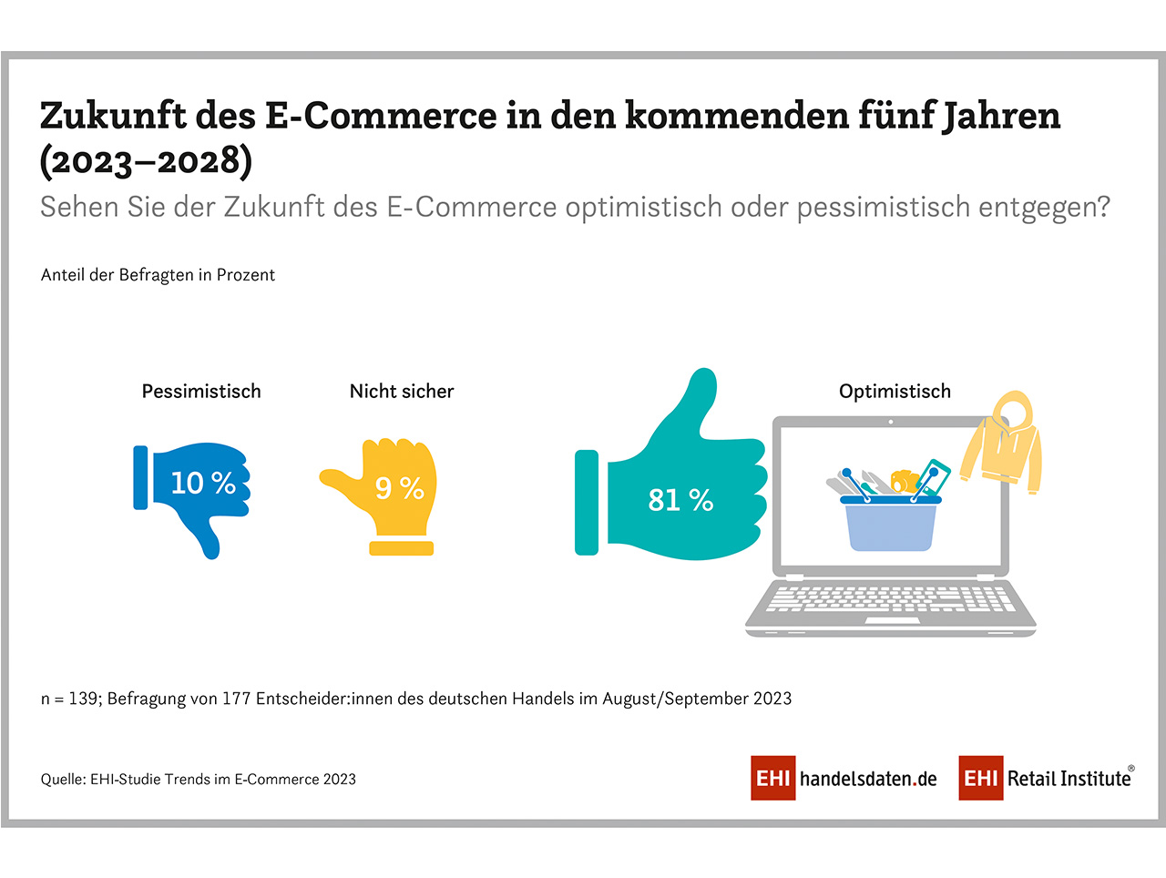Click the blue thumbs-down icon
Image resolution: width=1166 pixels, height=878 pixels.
click(194, 496)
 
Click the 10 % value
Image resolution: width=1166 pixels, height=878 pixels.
click(203, 483)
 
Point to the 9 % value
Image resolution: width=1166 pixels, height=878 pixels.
click(400, 488)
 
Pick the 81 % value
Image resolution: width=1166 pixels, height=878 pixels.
click(680, 500)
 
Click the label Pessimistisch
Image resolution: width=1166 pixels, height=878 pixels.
click(201, 392)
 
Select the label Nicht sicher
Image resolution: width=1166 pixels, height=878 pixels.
click(402, 392)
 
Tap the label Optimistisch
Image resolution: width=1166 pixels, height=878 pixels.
click(895, 392)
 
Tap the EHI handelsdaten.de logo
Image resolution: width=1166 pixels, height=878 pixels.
click(844, 779)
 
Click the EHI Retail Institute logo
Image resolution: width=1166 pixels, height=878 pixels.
click(1046, 779)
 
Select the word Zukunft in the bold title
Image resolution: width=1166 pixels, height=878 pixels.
click(113, 116)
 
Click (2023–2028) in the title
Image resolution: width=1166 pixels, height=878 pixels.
click(146, 161)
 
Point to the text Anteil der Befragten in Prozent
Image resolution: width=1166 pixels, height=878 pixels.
click(158, 275)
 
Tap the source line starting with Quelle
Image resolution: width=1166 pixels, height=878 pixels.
click(198, 780)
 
